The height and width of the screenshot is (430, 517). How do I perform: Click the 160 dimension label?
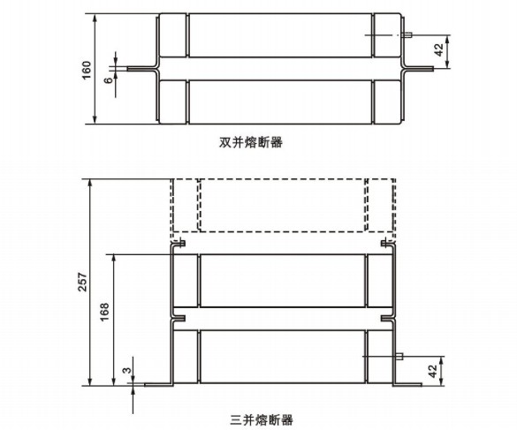[x=87, y=70]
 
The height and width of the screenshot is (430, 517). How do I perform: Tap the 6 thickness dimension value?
[x=109, y=80]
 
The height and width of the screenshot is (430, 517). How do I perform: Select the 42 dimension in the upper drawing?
[x=439, y=50]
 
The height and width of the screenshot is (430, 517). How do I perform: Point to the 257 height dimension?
[x=82, y=282]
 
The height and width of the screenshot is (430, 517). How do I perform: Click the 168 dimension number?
[x=104, y=313]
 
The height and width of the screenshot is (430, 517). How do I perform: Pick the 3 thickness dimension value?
[x=127, y=370]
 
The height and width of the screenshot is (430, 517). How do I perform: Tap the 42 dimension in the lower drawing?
[x=434, y=372]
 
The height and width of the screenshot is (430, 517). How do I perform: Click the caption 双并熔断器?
[x=251, y=142]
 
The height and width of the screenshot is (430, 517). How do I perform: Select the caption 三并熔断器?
[x=262, y=420]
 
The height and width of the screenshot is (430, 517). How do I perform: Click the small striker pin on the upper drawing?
[x=408, y=34]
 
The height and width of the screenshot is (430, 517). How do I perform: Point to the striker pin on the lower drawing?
[x=399, y=356]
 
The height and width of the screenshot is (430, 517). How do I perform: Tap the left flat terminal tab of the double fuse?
[x=141, y=69]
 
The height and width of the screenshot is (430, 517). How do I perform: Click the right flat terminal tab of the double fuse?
[x=420, y=69]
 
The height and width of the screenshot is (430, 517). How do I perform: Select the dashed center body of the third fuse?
[x=282, y=205]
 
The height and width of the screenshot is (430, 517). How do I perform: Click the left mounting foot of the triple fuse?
[x=158, y=385]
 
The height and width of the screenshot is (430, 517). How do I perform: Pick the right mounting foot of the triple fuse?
[x=407, y=385]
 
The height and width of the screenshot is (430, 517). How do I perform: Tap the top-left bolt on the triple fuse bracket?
[x=181, y=244]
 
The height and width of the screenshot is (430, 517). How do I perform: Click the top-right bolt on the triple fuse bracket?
[x=385, y=244]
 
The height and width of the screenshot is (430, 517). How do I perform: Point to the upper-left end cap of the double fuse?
[x=172, y=35]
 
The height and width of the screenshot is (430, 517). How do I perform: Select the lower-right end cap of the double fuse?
[x=387, y=102]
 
